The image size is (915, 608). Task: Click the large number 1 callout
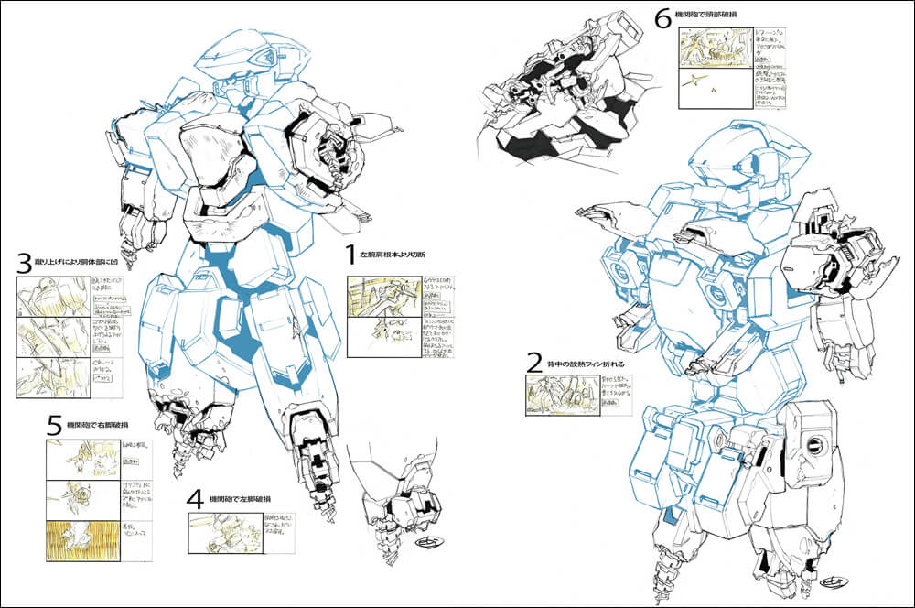click(350, 254)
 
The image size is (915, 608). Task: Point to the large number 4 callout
click(195, 500)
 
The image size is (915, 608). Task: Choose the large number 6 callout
click(662, 17)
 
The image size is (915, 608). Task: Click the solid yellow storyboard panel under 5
click(81, 541)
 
